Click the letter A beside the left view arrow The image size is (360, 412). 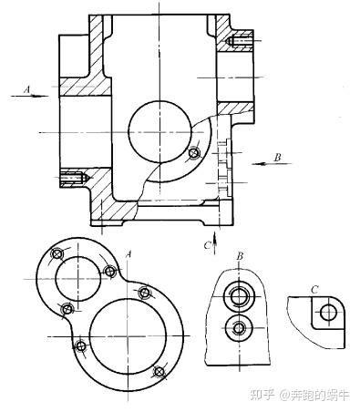27,89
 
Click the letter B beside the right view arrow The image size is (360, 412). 277,158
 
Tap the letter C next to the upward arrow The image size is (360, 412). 207,245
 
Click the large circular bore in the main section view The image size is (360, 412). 159,131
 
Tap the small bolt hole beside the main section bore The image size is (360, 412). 194,153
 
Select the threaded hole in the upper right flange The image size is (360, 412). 236,40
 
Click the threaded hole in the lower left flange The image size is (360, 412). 73,177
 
